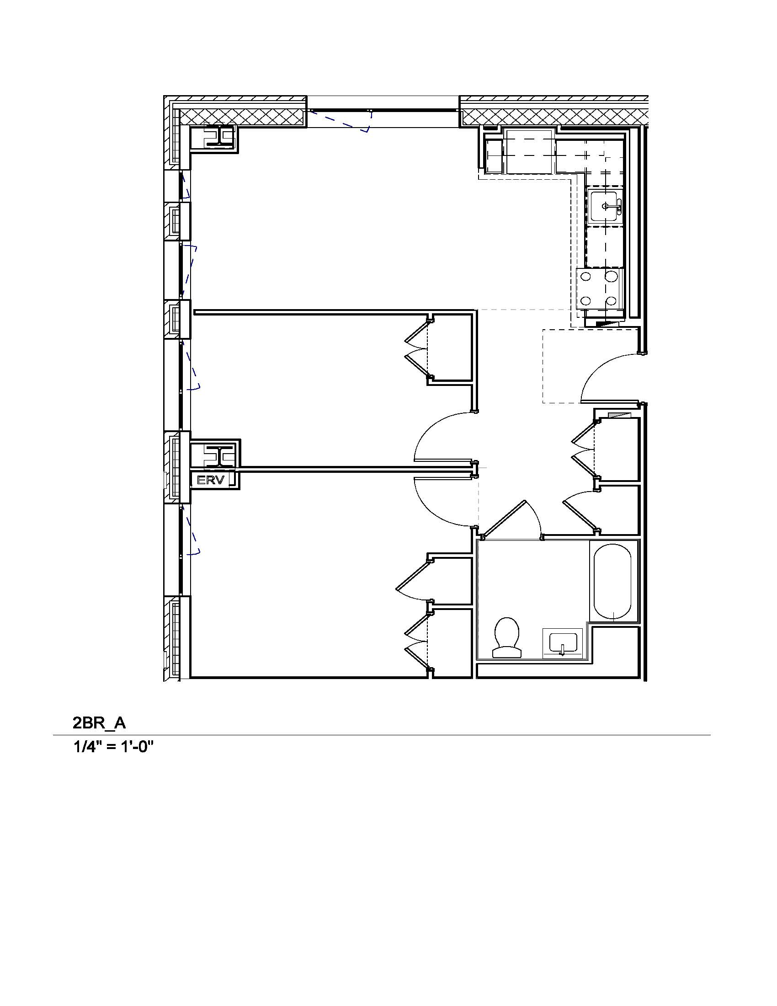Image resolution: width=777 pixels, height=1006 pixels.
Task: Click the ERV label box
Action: pyautogui.click(x=211, y=480)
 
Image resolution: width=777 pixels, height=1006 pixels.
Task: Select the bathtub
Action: pyautogui.click(x=612, y=582)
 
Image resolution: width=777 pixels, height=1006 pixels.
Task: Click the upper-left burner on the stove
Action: pyautogui.click(x=586, y=277)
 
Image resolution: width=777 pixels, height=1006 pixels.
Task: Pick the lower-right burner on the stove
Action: pyautogui.click(x=611, y=301)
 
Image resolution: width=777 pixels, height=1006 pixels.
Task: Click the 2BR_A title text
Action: pyautogui.click(x=99, y=722)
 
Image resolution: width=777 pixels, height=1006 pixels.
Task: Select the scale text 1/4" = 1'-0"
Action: pyautogui.click(x=113, y=747)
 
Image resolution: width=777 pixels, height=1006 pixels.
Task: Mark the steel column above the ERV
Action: pyautogui.click(x=220, y=455)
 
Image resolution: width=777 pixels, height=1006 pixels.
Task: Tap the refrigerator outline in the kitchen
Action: pyautogui.click(x=529, y=151)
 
